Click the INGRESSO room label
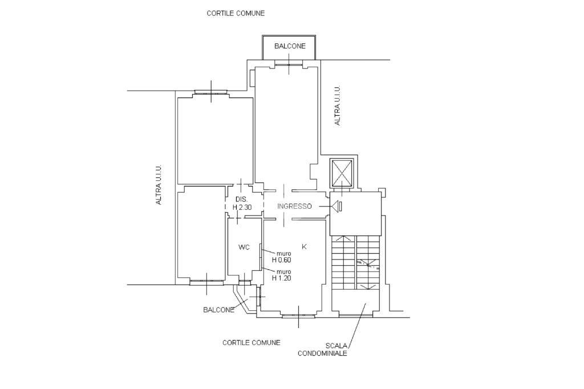pyautogui.click(x=294, y=206)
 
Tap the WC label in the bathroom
pyautogui.click(x=244, y=247)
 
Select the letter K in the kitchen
pyautogui.click(x=304, y=246)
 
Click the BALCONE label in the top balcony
pyautogui.click(x=290, y=46)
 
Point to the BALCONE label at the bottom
pyautogui.click(x=218, y=310)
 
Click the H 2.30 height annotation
pyautogui.click(x=242, y=207)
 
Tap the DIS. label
pyautogui.click(x=241, y=199)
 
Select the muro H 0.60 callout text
pyautogui.click(x=281, y=257)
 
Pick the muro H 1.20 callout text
pyautogui.click(x=281, y=274)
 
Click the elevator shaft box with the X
pyautogui.click(x=342, y=173)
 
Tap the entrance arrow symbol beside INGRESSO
pyautogui.click(x=336, y=206)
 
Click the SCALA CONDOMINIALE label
pyautogui.click(x=322, y=350)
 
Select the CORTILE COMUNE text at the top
pyautogui.click(x=236, y=14)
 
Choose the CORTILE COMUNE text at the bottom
pyautogui.click(x=252, y=342)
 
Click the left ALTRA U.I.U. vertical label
pyautogui.click(x=159, y=184)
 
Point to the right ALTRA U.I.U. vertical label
pyautogui.click(x=338, y=106)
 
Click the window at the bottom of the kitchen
pyautogui.click(x=299, y=316)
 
